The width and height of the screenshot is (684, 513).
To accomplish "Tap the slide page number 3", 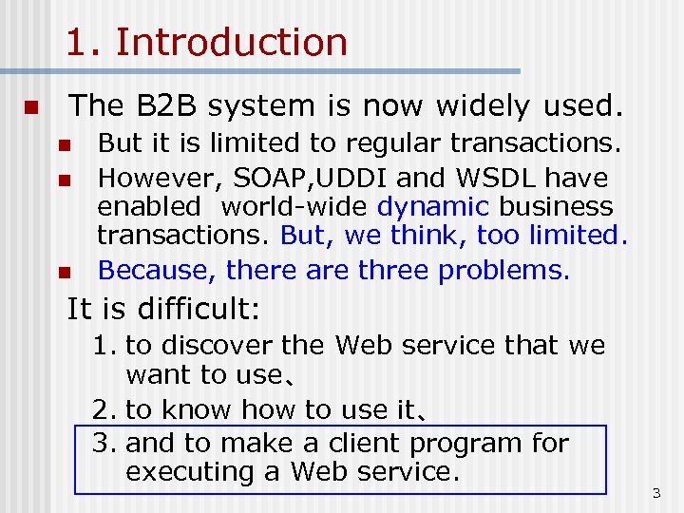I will [x=655, y=493].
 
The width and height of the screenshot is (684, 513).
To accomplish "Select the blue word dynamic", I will [x=434, y=206].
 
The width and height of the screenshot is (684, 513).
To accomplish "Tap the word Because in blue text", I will [x=158, y=271].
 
